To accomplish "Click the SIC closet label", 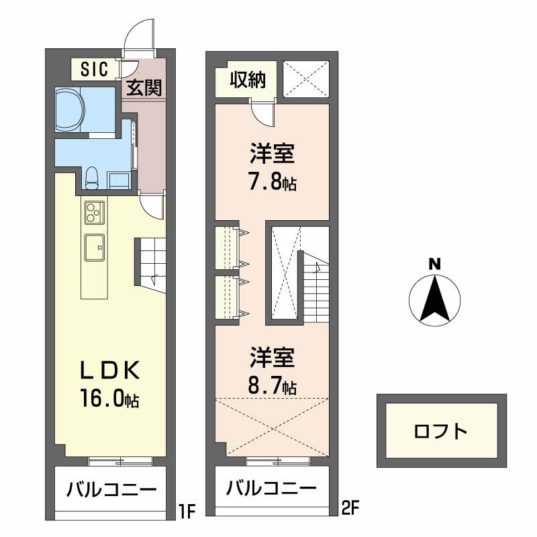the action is [x=94, y=69].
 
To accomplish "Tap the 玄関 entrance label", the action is [x=144, y=88].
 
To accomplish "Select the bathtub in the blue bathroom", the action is [x=70, y=109].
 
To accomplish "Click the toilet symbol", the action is [x=91, y=178].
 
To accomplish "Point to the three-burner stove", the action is [x=95, y=212].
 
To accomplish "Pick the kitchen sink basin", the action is [x=95, y=247].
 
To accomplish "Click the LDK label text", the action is [x=109, y=371].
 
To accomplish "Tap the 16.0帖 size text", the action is [x=109, y=398].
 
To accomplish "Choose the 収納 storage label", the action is [x=248, y=81].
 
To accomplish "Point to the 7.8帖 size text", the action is [x=273, y=182].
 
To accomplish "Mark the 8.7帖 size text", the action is [x=273, y=385].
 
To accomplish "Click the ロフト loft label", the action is [x=441, y=432].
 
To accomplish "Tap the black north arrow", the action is [x=434, y=299].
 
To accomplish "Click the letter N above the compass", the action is [x=435, y=264].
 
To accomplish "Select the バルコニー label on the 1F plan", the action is [x=111, y=489].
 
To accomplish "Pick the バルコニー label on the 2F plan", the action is [x=271, y=488].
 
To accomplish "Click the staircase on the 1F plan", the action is [x=150, y=264].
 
